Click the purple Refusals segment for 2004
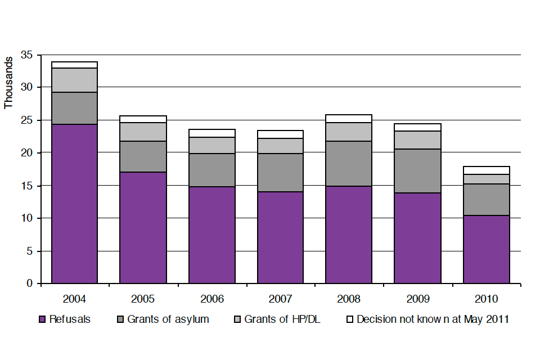(x=74, y=204)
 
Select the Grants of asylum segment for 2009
(x=417, y=171)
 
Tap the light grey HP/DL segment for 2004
(x=74, y=80)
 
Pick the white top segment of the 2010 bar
(x=487, y=170)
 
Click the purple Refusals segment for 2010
(x=487, y=249)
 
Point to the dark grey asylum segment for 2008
(x=349, y=164)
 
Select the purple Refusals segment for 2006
(x=211, y=235)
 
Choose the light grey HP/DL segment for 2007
(x=280, y=146)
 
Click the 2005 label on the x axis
(x=143, y=298)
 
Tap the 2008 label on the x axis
(x=349, y=298)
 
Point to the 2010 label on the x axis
(x=487, y=298)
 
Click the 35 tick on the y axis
(x=26, y=55)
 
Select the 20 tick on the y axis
(x=26, y=153)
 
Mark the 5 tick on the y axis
(x=29, y=251)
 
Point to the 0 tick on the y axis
(x=29, y=283)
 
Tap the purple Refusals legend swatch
(x=42, y=319)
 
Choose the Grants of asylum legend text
(x=168, y=319)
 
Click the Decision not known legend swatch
(x=350, y=319)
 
